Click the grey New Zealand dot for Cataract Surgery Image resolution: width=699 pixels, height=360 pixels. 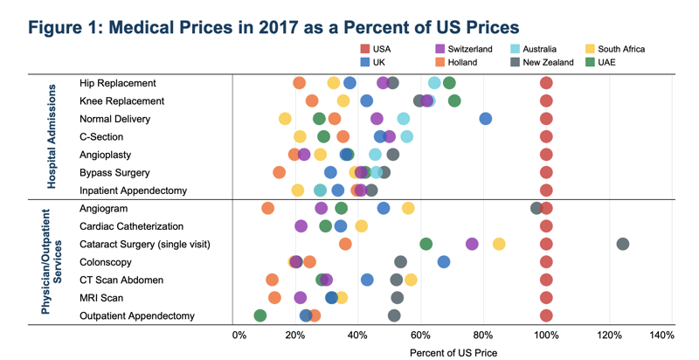point(623,244)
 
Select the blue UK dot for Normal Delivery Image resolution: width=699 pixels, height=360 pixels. point(486,119)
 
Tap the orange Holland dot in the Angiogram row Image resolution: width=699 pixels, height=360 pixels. point(267,208)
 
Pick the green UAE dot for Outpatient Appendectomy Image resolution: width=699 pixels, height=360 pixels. point(260,315)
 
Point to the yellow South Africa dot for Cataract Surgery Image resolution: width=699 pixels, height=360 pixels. point(499,244)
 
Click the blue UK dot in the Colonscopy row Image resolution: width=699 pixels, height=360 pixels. point(444,262)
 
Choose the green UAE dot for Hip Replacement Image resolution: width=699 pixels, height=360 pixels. point(449,83)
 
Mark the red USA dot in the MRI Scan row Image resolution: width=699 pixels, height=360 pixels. point(546,298)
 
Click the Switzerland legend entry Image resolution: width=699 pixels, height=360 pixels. point(468,49)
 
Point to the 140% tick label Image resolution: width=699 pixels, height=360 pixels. point(661,336)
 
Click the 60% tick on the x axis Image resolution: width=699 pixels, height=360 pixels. point(422,336)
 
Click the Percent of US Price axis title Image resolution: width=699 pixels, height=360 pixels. point(453,352)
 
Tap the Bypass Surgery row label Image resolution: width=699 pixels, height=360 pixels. point(114,173)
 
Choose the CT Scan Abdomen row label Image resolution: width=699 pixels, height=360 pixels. point(121,280)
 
